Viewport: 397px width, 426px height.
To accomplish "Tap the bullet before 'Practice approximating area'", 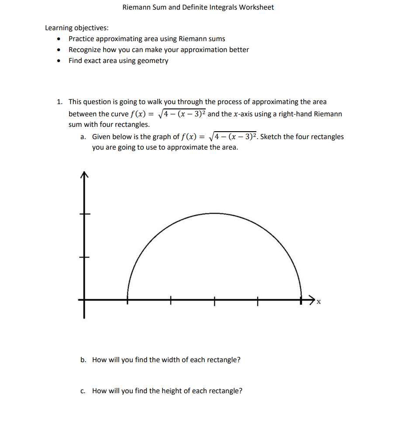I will [59, 39].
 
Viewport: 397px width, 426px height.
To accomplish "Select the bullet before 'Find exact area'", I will [59, 61].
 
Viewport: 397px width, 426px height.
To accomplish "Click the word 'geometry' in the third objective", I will [153, 61].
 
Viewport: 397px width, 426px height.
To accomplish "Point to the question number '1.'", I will [59, 102].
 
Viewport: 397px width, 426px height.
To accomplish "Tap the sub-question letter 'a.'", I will [83, 137].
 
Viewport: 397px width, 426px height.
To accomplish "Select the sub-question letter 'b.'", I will [83, 360].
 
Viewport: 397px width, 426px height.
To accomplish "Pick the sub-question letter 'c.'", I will [83, 391].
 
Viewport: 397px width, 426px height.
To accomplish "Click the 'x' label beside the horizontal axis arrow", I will [318, 302].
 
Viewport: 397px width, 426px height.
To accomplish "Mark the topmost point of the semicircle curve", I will [214, 213].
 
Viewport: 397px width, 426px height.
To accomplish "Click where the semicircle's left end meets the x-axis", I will [128, 300].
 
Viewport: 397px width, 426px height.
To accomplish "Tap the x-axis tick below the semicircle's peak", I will [214, 300].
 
